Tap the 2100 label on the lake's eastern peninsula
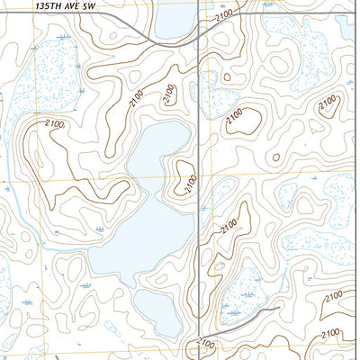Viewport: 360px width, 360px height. tap(188, 184)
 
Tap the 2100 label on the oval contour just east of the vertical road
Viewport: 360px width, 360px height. tap(235, 116)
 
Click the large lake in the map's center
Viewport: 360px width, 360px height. tap(153, 193)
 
